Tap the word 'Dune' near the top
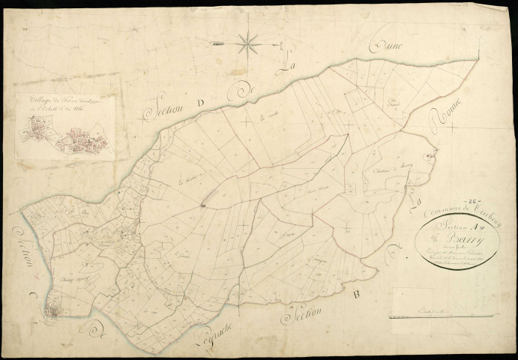point(389,47)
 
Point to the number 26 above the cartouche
point(472,200)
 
